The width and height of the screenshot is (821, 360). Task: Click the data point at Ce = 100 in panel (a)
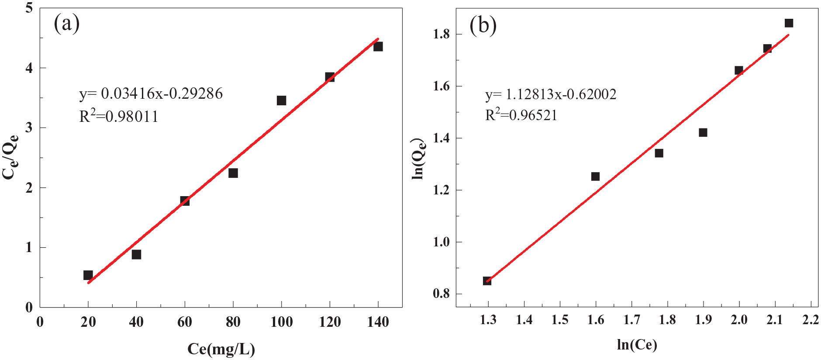[281, 100]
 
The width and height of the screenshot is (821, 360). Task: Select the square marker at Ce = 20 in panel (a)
[88, 275]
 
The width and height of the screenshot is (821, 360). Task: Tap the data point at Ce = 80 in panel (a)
[233, 173]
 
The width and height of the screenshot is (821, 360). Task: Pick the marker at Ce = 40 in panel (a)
[136, 254]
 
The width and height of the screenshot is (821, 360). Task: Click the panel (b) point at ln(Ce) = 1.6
[595, 177]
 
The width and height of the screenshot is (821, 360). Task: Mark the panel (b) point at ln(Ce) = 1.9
[703, 132]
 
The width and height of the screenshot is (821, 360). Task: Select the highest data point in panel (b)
[789, 23]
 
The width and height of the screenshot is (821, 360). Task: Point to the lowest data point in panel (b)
[487, 280]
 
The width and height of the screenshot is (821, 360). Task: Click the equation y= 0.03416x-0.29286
[151, 93]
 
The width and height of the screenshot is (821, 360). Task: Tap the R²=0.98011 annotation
[119, 116]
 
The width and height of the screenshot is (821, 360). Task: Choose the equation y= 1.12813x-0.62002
[551, 94]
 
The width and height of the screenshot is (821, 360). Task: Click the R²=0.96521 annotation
[521, 115]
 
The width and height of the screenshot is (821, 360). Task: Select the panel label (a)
[66, 23]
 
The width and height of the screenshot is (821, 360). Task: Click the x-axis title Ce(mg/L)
[221, 349]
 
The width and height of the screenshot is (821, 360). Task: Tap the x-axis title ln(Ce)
[637, 345]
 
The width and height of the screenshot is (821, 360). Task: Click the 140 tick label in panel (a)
[378, 322]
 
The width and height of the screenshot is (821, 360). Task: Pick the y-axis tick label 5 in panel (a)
[29, 8]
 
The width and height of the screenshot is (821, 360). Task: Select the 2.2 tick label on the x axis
[811, 320]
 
